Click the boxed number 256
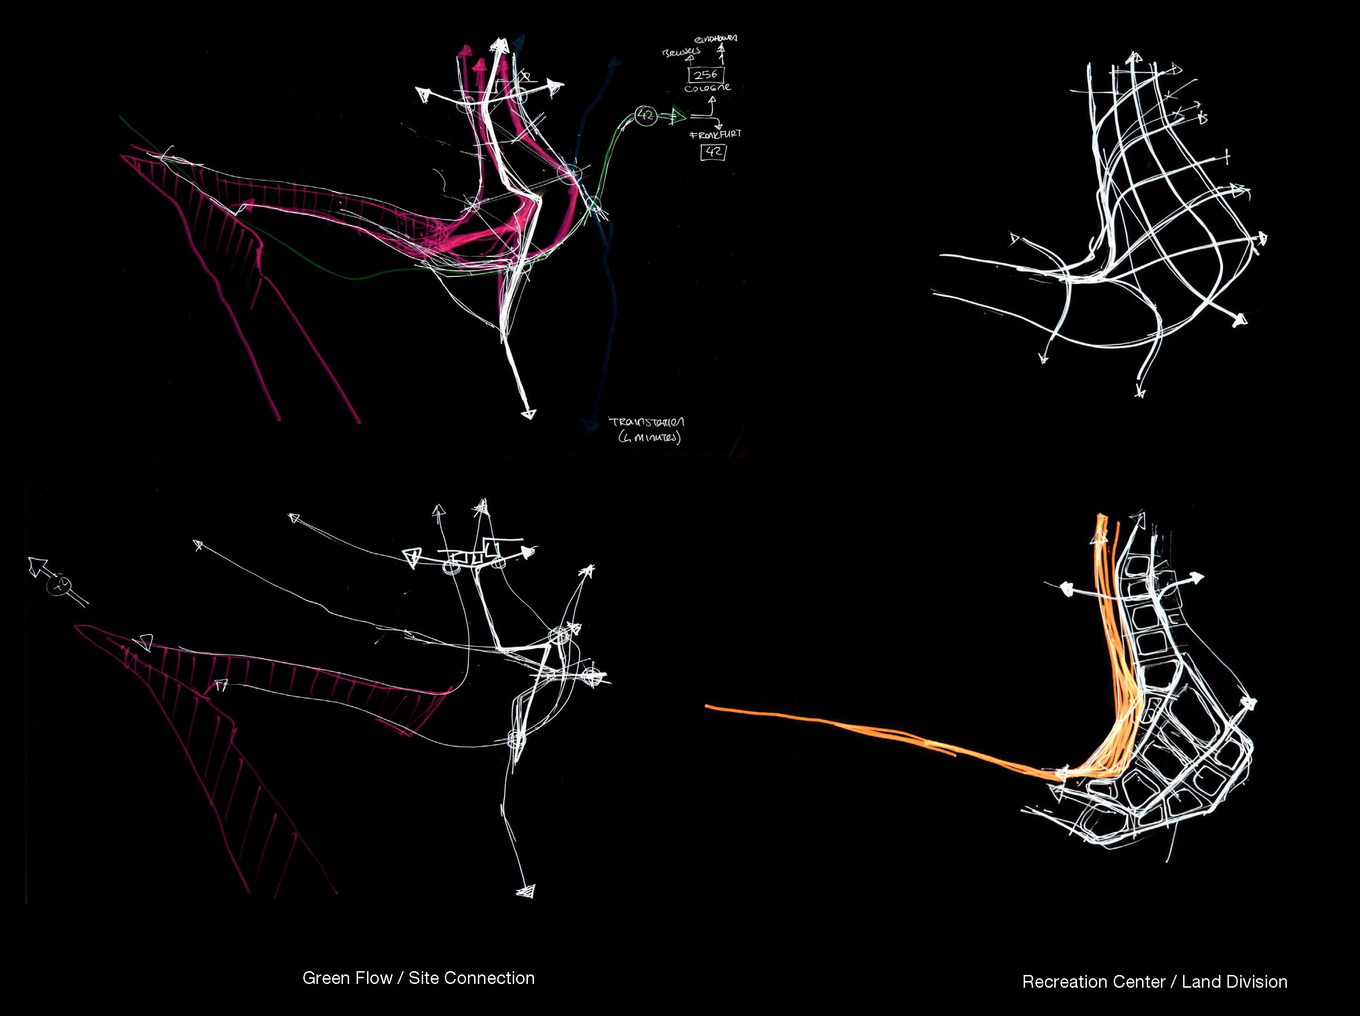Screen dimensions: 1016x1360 pyautogui.click(x=705, y=75)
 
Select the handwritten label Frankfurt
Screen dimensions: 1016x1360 pyautogui.click(x=715, y=134)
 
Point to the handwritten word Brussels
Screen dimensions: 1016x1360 pyautogui.click(x=681, y=52)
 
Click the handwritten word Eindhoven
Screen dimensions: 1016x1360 pyautogui.click(x=716, y=39)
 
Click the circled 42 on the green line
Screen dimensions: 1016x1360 pyautogui.click(x=646, y=115)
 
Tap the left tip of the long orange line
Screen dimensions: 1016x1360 pyautogui.click(x=707, y=707)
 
